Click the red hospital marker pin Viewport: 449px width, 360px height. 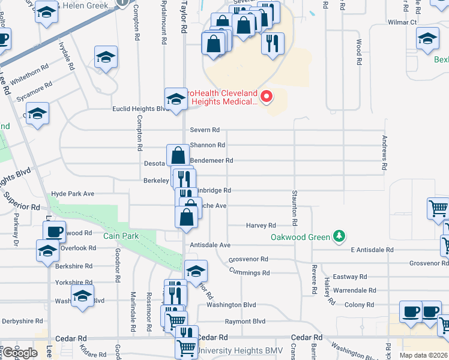(x=265, y=96)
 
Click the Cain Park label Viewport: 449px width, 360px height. (x=121, y=236)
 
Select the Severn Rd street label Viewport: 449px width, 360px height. (x=205, y=130)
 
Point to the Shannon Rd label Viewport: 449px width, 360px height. (x=207, y=145)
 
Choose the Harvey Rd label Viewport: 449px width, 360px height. (x=261, y=226)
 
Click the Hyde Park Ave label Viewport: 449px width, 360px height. (x=73, y=194)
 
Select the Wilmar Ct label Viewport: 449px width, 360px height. (x=402, y=22)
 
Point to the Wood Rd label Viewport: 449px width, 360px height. (x=358, y=52)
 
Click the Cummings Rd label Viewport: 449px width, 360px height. (x=250, y=272)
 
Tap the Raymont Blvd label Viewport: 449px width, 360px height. (x=245, y=322)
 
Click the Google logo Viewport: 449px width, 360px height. (x=20, y=353)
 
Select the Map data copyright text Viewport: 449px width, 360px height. (x=424, y=355)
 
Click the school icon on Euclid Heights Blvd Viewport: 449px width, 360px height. (x=176, y=99)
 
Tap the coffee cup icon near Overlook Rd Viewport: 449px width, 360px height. (x=54, y=231)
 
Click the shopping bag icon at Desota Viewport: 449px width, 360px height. (x=178, y=155)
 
